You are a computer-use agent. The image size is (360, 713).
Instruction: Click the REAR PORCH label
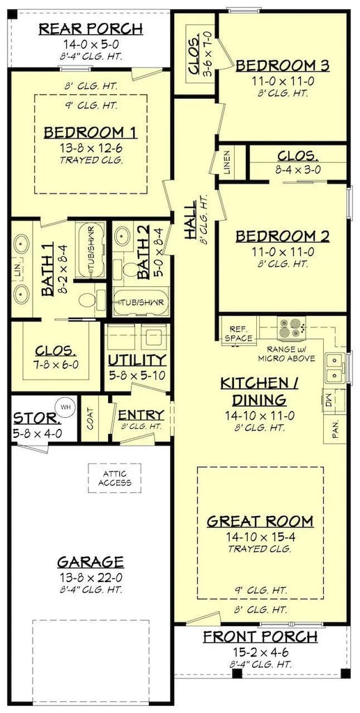(91, 29)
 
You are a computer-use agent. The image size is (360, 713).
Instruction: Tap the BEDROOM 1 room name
(91, 132)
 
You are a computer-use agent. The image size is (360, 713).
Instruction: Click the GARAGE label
(91, 562)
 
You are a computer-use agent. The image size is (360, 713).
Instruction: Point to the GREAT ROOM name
(260, 521)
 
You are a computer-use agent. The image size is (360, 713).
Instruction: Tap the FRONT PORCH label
(260, 636)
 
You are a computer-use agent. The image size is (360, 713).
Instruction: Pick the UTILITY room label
(137, 360)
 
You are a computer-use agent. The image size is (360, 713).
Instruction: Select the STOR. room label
(36, 419)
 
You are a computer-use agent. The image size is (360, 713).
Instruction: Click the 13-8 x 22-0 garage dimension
(91, 577)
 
